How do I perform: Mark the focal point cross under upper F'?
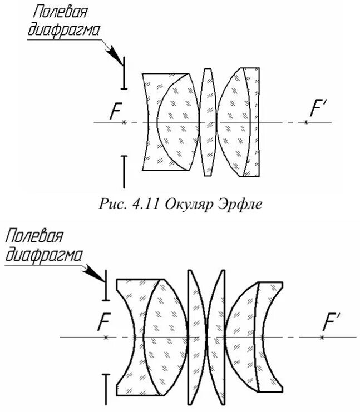pyautogui.click(x=306, y=122)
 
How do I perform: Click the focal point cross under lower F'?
pyautogui.click(x=323, y=337)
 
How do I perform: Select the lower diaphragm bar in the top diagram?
pyautogui.click(x=124, y=171)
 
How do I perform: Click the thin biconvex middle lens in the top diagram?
pyautogui.click(x=208, y=122)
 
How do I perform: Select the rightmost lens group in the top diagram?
pyautogui.click(x=239, y=122)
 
